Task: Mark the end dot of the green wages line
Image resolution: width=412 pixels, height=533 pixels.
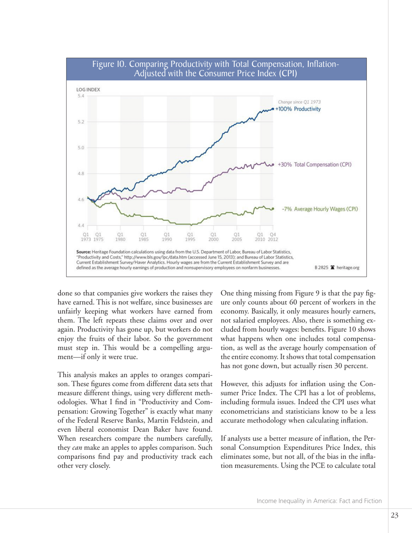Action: point(273,209)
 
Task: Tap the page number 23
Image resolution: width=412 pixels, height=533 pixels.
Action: point(394,515)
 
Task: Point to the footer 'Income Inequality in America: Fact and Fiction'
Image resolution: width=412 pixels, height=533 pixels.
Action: point(319,501)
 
